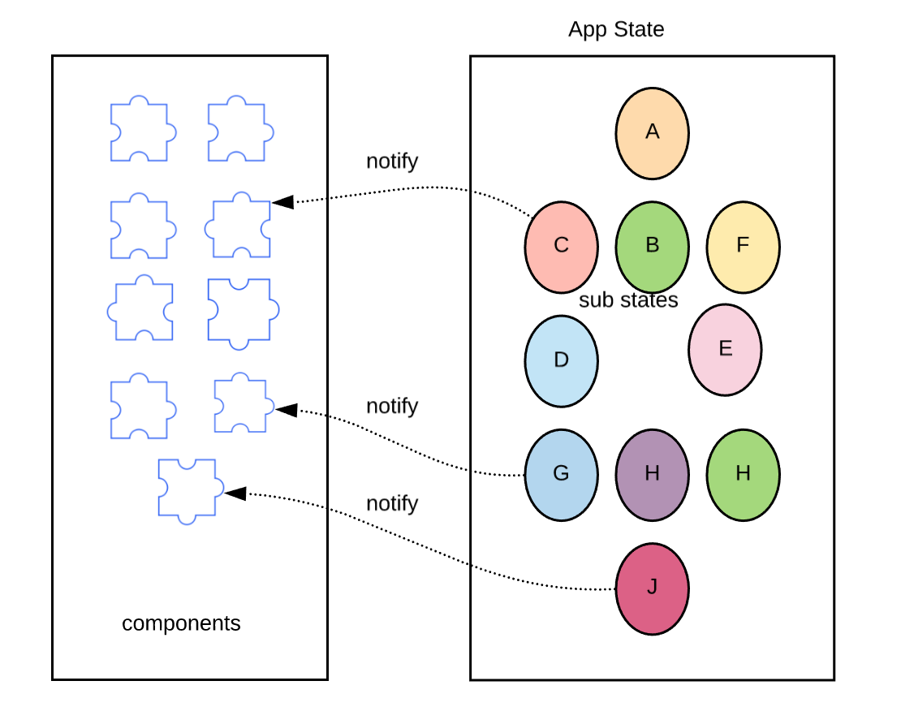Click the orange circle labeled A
tap(652, 133)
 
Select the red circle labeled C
tap(561, 246)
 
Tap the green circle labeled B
tap(652, 246)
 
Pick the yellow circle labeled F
tap(743, 246)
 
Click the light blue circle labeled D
tap(561, 360)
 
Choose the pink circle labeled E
tap(725, 350)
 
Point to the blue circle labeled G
tap(561, 474)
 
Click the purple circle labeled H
tap(652, 474)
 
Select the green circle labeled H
tap(743, 474)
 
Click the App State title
tap(616, 30)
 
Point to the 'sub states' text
tap(628, 300)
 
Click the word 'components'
tap(181, 623)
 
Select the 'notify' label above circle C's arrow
tap(392, 161)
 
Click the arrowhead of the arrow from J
tap(235, 493)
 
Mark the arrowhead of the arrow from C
tap(282, 201)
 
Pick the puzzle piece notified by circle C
tap(239, 226)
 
